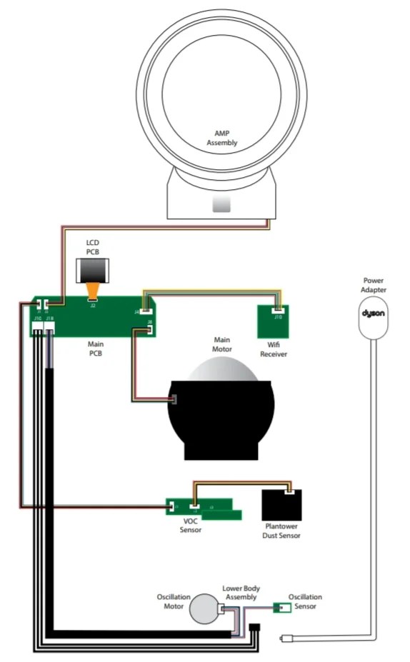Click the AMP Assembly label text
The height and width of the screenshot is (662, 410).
221,139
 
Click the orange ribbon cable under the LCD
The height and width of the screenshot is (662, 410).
92,291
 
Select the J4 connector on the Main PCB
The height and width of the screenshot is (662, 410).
146,310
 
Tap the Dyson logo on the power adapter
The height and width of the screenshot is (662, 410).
374,314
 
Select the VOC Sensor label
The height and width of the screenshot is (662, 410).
190,526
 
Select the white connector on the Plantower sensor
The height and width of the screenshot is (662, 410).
289,491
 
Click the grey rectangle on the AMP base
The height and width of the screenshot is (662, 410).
221,206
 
